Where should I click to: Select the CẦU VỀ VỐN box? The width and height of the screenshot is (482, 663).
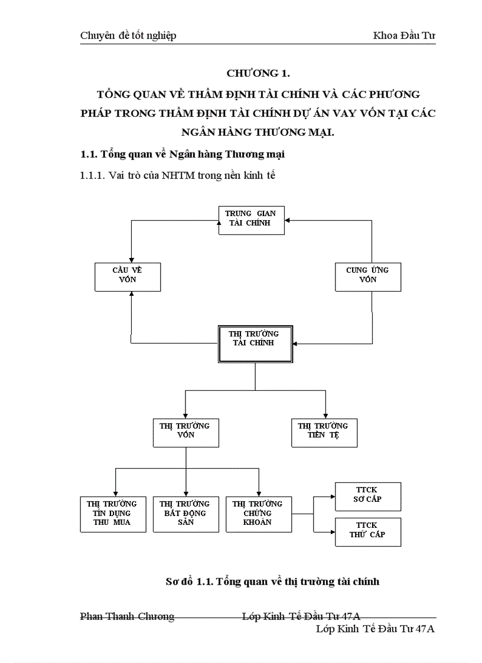[128, 276]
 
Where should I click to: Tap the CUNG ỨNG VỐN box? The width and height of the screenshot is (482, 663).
[367, 276]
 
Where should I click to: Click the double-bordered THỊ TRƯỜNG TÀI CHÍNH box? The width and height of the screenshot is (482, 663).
[255, 343]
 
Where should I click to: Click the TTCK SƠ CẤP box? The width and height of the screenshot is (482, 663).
[367, 496]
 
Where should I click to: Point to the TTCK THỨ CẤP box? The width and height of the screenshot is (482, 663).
[367, 532]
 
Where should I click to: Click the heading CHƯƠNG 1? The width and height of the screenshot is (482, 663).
[258, 74]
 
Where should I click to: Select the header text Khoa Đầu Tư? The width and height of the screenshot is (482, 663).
[404, 36]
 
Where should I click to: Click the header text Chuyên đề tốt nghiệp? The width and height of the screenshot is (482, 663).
[128, 36]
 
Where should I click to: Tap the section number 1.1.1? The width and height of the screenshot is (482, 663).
[93, 175]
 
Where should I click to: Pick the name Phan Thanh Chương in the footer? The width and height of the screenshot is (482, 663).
[127, 617]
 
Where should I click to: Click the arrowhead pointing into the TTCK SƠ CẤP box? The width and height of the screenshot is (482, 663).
[332, 497]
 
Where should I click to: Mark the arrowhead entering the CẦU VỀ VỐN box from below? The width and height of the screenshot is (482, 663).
[131, 293]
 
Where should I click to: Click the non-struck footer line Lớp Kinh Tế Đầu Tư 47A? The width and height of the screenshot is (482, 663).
[375, 629]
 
